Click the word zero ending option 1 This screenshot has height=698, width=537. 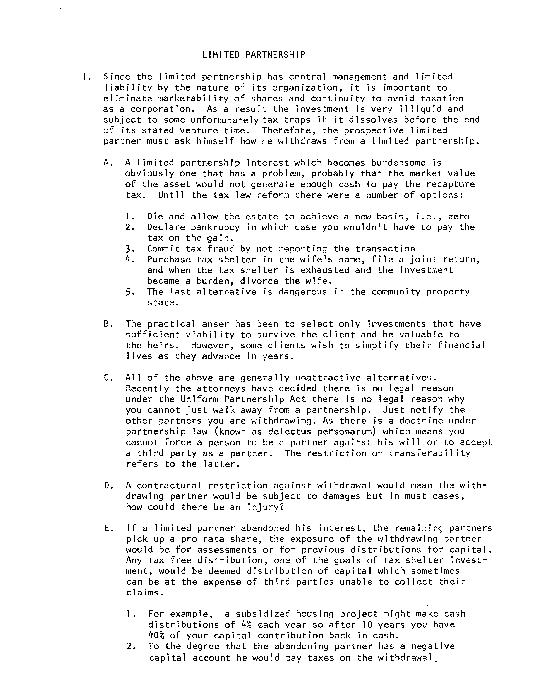pyautogui.click(x=459, y=216)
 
